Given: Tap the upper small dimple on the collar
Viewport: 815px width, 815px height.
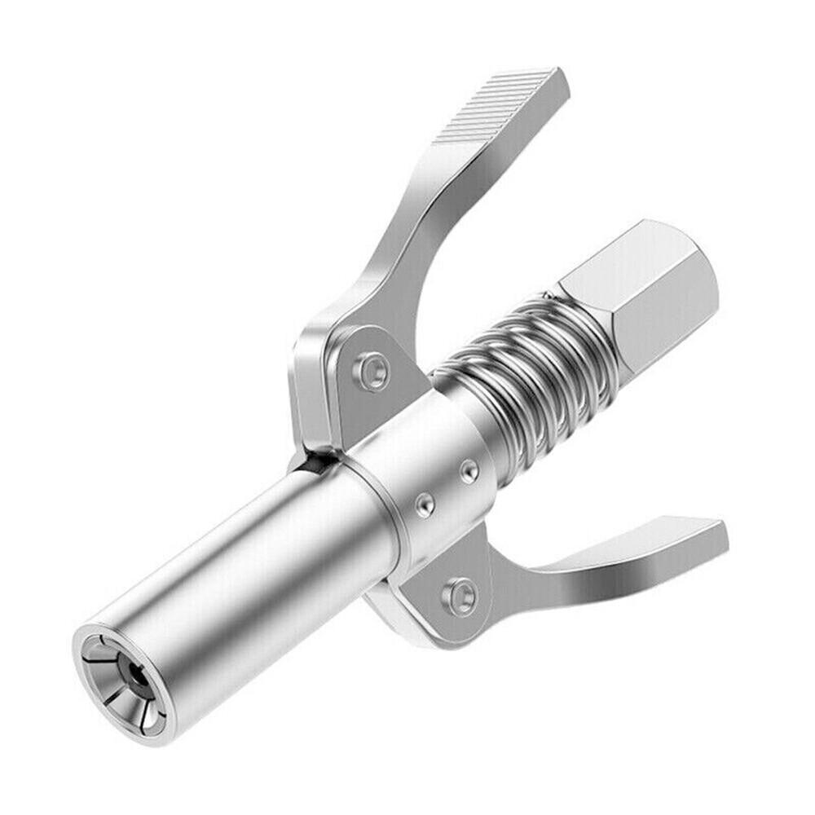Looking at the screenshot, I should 468,470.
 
